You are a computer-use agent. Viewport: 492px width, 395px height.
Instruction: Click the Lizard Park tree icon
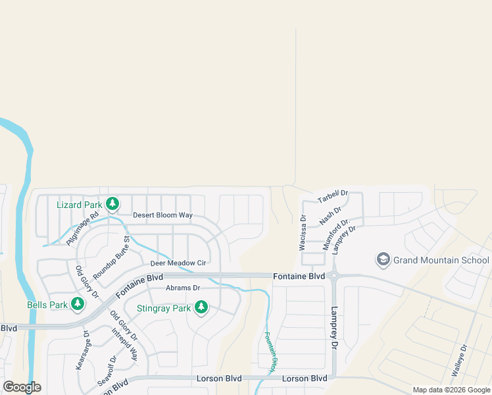(112, 204)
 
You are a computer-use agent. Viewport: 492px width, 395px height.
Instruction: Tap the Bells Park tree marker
(78, 304)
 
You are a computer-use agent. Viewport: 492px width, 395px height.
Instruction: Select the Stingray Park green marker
(201, 307)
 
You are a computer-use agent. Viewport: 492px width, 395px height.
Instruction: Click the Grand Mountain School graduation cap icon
(383, 259)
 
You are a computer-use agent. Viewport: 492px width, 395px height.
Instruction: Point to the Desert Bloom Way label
(162, 215)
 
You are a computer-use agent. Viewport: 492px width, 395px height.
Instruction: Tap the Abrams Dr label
(183, 288)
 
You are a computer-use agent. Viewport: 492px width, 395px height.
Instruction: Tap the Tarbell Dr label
(332, 196)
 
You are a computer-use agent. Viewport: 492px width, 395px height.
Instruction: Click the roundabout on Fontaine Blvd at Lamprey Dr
(333, 276)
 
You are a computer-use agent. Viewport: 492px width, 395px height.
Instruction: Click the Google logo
(22, 387)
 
